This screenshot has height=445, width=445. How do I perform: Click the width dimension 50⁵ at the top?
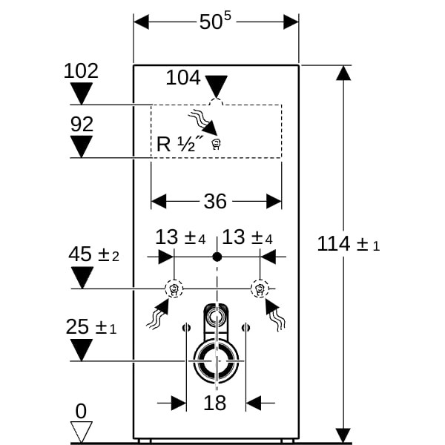coord(216,22)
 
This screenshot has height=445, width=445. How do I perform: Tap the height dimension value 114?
coord(333,243)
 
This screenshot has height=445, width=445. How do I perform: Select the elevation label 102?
coord(82,71)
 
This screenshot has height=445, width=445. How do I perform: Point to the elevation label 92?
coord(82,125)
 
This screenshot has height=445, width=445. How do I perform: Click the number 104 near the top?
coord(183,76)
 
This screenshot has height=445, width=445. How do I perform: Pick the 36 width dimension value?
coord(215,201)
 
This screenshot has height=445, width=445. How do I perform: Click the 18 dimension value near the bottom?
coord(215,403)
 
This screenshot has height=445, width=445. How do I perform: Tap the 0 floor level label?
coord(81,410)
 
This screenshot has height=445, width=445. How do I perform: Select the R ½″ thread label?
coord(175,144)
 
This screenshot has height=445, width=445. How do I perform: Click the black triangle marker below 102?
coord(82,93)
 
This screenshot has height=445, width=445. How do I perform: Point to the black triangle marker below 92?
coord(82,146)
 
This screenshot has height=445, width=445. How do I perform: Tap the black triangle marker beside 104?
coord(216,85)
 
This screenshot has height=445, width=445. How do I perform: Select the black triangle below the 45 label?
coord(82,277)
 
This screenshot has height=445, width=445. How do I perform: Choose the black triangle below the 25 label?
coord(82,349)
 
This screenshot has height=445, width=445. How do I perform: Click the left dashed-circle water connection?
coord(174,288)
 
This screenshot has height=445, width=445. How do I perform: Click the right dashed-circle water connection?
coord(260,288)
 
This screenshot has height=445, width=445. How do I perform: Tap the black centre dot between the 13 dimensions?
coord(217,257)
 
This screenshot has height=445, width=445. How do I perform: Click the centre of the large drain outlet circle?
coord(217,361)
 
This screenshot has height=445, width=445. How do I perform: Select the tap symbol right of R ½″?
coord(216,145)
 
